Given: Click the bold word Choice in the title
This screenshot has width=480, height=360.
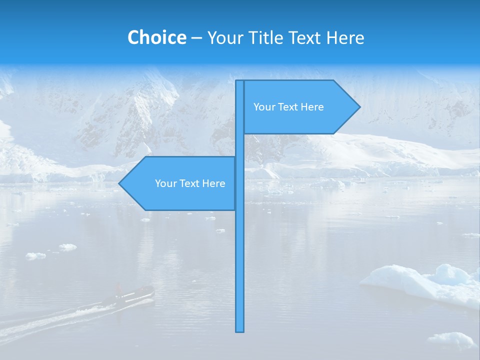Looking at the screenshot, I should tap(156, 37).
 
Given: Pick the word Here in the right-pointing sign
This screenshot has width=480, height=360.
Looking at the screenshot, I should tap(312, 107).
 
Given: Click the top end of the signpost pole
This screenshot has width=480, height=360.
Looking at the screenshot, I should tap(240, 81).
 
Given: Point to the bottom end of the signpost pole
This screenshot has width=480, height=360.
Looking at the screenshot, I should tap(240, 330).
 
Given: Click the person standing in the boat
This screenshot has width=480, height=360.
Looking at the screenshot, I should tap(119, 289).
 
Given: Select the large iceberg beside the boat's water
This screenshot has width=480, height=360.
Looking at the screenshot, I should tap(425, 283).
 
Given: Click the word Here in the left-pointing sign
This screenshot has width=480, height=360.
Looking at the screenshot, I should tap(214, 183).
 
